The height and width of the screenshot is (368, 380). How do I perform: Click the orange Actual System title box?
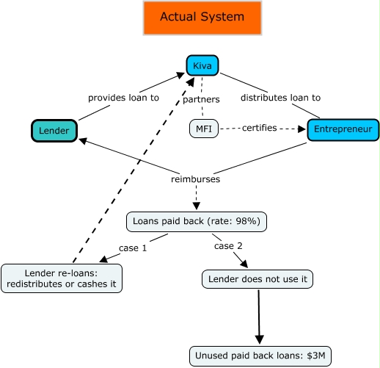pyautogui.click(x=202, y=18)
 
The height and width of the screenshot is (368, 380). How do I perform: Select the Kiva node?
pyautogui.click(x=202, y=65)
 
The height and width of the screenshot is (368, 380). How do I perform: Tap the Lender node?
pyautogui.click(x=54, y=131)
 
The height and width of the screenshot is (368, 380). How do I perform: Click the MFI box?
pyautogui.click(x=204, y=129)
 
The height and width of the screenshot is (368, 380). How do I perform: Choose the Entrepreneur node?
pyautogui.click(x=343, y=130)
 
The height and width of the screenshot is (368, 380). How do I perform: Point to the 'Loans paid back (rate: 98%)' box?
pyautogui.click(x=197, y=222)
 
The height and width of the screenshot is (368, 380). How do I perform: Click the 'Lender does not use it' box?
pyautogui.click(x=257, y=279)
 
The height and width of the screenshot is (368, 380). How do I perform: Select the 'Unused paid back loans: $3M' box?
pyautogui.click(x=260, y=356)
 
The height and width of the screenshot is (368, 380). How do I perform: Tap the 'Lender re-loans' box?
pyautogui.click(x=62, y=278)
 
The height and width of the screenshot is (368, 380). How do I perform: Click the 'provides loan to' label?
pyautogui.click(x=123, y=98)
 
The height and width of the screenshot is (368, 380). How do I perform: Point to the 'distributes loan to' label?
pyautogui.click(x=280, y=98)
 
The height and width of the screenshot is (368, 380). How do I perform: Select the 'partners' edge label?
pyautogui.click(x=201, y=99)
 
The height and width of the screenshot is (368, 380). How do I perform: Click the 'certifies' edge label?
pyautogui.click(x=260, y=128)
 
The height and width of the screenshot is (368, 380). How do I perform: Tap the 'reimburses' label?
pyautogui.click(x=196, y=179)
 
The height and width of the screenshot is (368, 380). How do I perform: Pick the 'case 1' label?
pyautogui.click(x=133, y=248)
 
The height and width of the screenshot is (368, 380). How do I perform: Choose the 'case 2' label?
pyautogui.click(x=228, y=246)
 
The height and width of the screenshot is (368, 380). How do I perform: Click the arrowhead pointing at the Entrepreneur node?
pyautogui.click(x=302, y=129)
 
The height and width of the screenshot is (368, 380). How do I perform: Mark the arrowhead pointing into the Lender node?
pyautogui.click(x=83, y=141)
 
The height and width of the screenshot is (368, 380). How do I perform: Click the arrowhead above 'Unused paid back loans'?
pyautogui.click(x=260, y=339)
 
